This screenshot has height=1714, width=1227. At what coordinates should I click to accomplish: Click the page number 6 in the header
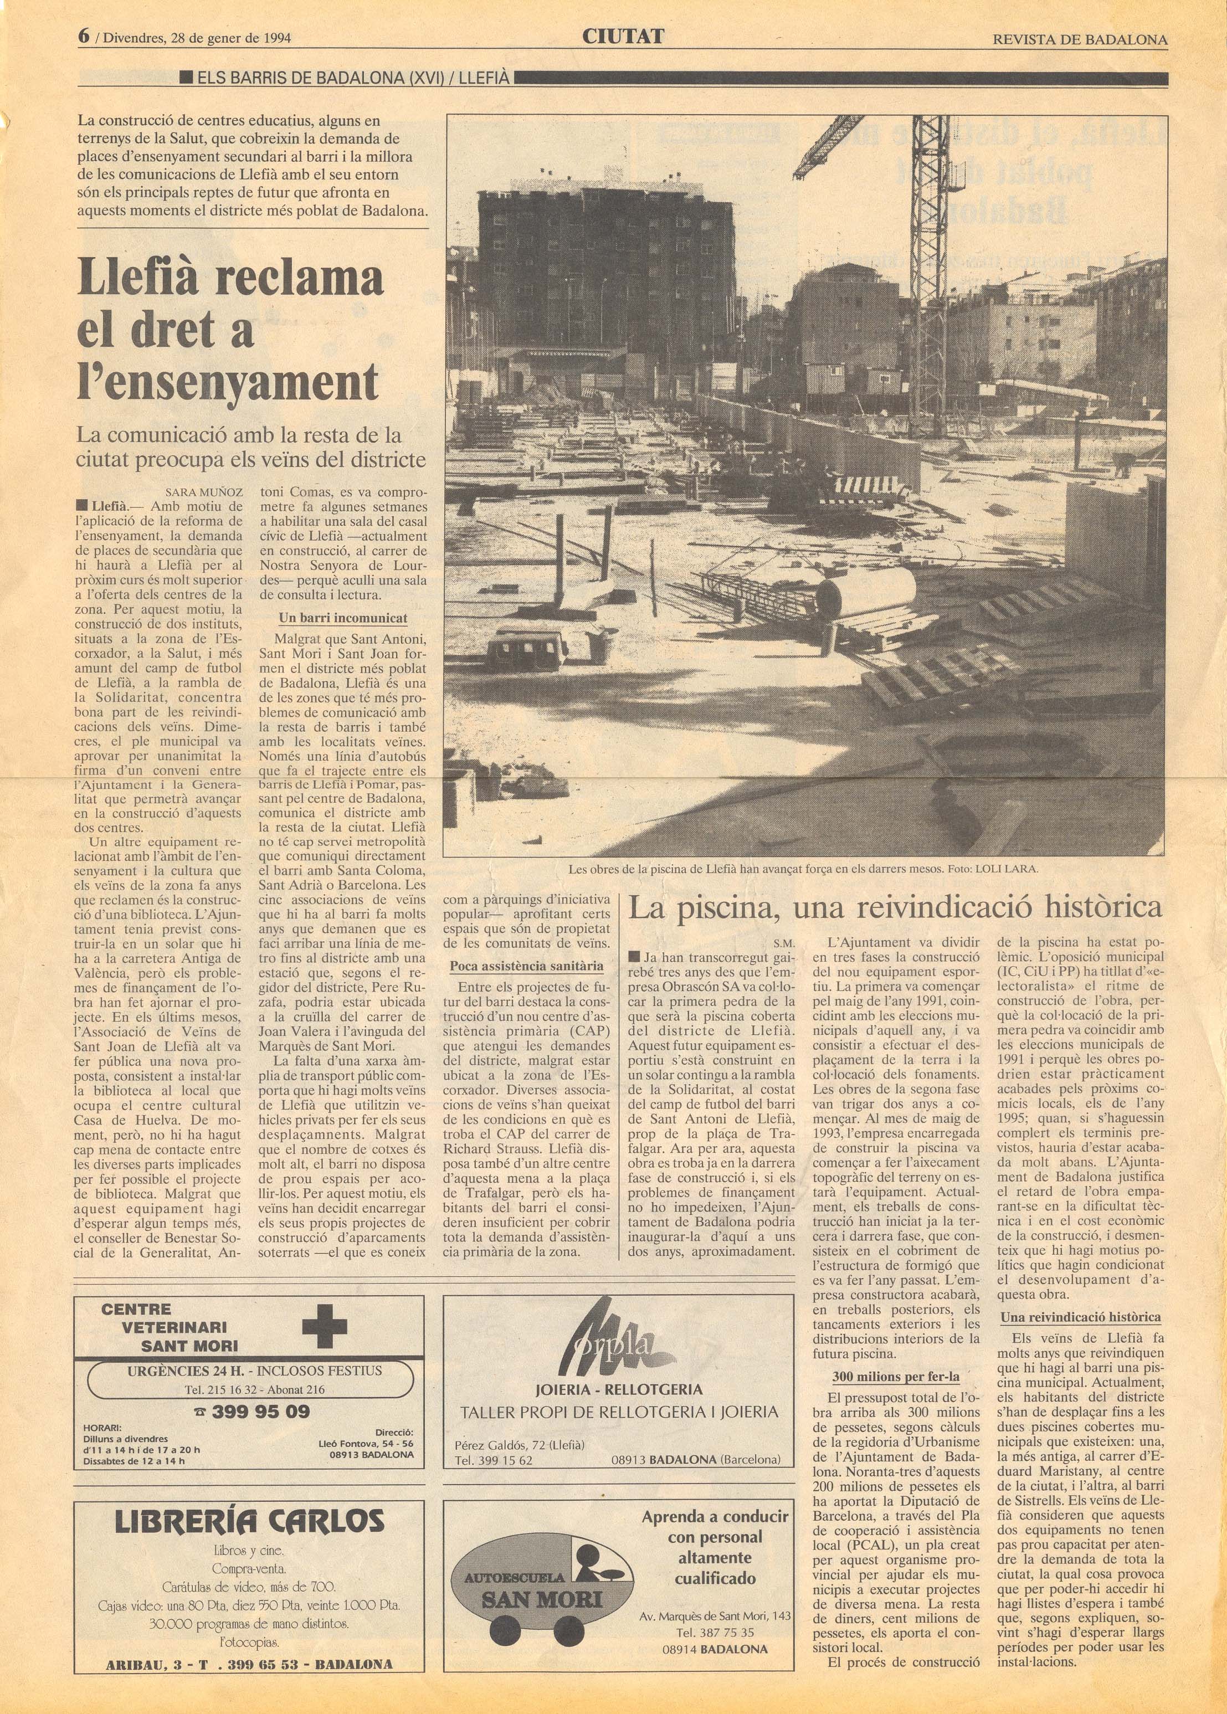pyautogui.click(x=85, y=35)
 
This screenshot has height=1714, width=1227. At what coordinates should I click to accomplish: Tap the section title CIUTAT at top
pyautogui.click(x=623, y=35)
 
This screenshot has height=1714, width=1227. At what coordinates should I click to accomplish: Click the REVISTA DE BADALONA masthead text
pyautogui.click(x=1080, y=40)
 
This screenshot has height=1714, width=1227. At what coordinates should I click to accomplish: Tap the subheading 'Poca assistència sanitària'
pyautogui.click(x=527, y=966)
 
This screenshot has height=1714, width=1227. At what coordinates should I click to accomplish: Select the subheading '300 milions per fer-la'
pyautogui.click(x=895, y=1376)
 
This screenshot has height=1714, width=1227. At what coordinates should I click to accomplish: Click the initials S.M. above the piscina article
pyautogui.click(x=784, y=943)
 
